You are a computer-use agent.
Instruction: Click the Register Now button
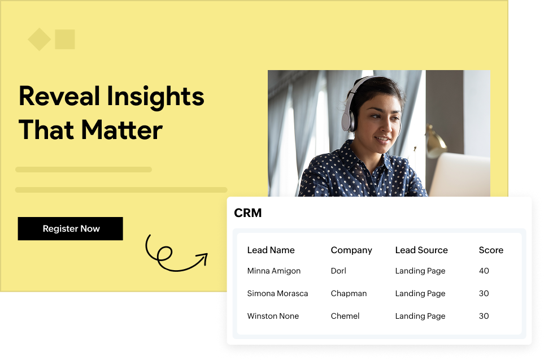[x=71, y=229]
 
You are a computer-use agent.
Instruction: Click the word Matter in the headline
[x=121, y=130]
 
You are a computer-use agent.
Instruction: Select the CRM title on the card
[x=248, y=213]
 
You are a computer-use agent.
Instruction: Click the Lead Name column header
[x=271, y=250]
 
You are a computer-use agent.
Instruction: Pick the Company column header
[x=351, y=250]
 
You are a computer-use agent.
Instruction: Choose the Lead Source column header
[x=421, y=250]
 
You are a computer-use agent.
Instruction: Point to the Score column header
[x=491, y=250]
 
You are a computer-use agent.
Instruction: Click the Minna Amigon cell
[x=274, y=271]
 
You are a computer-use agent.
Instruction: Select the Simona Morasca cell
[x=277, y=293]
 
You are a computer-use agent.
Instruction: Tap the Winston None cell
[x=273, y=316]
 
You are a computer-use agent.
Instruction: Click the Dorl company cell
[x=338, y=271]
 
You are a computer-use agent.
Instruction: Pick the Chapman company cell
[x=349, y=293]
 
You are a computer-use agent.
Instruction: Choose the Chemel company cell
[x=345, y=316]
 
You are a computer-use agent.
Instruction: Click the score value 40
[x=484, y=271]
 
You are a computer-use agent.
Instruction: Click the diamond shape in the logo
[x=40, y=40]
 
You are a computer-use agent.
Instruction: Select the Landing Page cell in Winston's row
[x=420, y=316]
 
